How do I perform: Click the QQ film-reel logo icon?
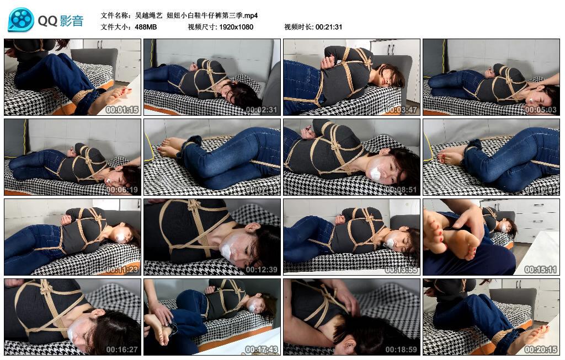(21, 20)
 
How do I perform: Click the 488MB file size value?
(146, 27)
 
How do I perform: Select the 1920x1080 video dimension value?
(236, 27)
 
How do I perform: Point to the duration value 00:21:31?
(329, 27)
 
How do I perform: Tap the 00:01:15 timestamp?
(122, 109)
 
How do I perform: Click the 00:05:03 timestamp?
(541, 109)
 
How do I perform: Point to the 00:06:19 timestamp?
(122, 190)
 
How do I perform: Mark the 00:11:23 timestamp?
(122, 270)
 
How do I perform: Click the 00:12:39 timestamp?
(262, 270)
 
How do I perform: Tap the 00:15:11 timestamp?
(541, 270)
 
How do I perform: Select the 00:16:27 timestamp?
(122, 350)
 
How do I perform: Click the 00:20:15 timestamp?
(541, 350)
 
